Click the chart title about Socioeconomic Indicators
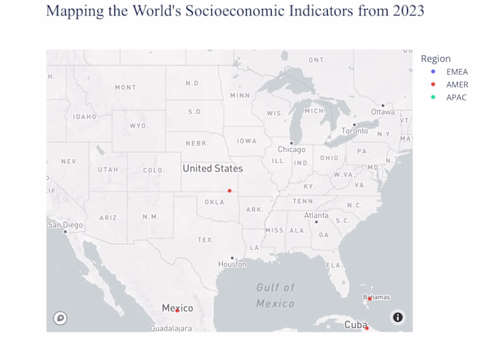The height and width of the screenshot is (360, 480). coord(235,11)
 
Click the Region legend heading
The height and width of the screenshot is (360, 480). coord(435,59)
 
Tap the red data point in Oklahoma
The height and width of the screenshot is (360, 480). coord(230,191)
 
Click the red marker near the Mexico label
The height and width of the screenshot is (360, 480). coord(177,311)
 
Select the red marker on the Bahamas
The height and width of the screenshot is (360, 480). coord(369,298)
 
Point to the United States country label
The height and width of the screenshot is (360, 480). coord(213,169)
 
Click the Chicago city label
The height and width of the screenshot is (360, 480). coord(291,149)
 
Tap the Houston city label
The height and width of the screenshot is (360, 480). coord(232,264)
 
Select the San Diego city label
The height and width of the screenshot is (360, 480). coord(65,225)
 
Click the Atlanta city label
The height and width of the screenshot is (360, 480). coord(316,215)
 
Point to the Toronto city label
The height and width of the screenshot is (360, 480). coord(355,131)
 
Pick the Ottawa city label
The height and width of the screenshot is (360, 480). coord(383,111)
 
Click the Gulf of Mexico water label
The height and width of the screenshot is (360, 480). coord(276,296)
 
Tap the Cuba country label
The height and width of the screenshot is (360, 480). coord(356,324)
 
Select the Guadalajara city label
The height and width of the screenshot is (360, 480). coord(171,328)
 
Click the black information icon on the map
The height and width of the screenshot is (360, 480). coord(398,317)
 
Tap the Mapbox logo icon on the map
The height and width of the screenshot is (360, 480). coord(60,317)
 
